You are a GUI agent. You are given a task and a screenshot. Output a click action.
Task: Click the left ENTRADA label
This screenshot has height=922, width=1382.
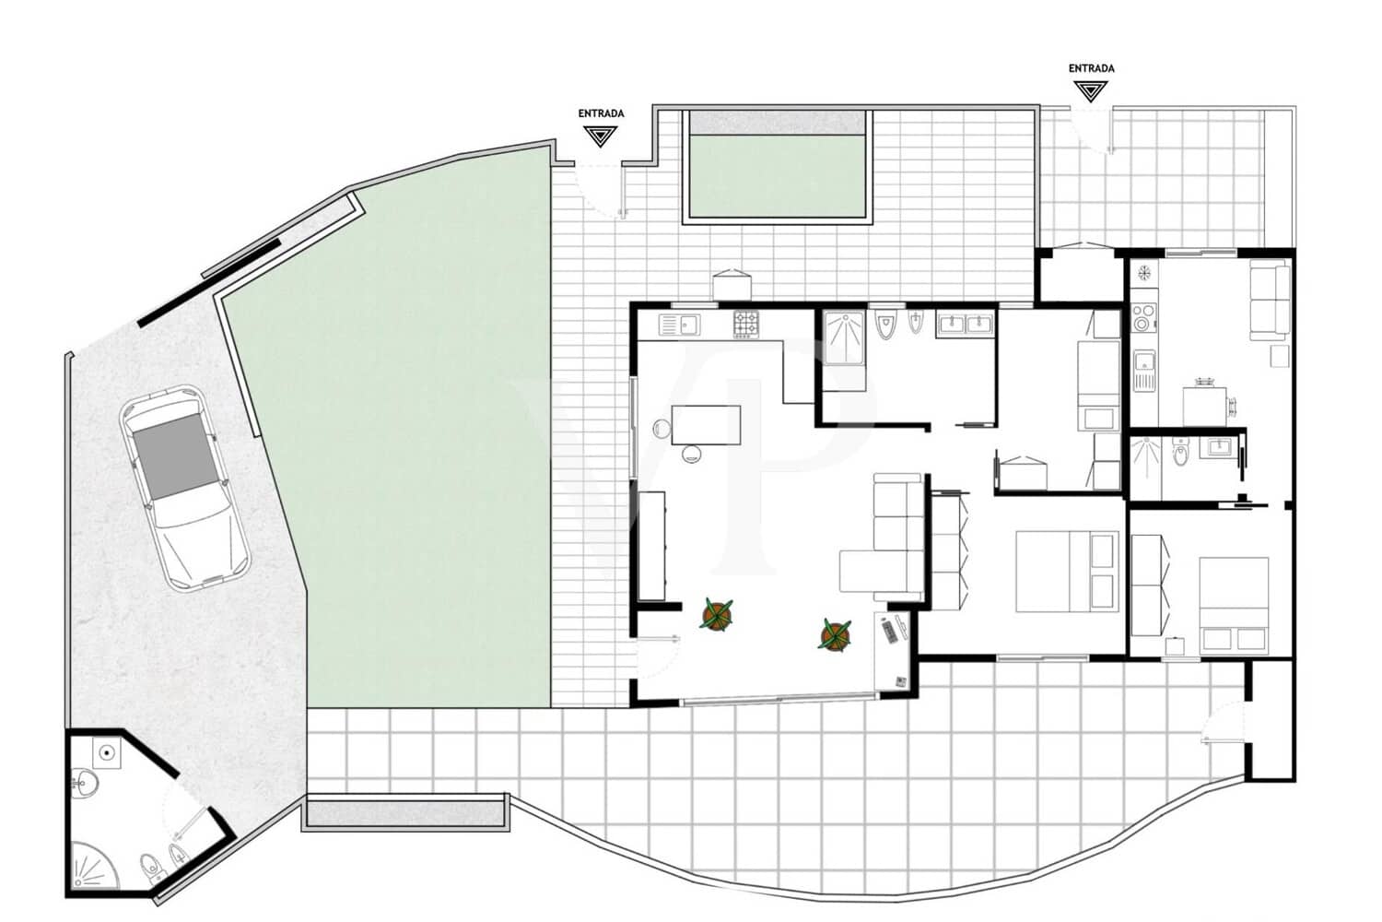601,113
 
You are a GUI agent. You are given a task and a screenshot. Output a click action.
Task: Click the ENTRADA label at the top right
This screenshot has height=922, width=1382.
1091,68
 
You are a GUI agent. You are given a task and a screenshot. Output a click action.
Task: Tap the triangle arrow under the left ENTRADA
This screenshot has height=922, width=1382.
601,136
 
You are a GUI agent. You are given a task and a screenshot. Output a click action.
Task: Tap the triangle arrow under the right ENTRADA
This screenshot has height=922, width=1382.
1091,90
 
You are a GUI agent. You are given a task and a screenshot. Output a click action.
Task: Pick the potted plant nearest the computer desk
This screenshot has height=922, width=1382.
835,634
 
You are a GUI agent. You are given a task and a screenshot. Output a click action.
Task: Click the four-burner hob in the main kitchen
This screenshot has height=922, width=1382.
746,324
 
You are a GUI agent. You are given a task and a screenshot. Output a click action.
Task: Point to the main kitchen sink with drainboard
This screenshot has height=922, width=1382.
679,325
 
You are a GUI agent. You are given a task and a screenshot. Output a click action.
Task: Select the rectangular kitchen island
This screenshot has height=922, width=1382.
706,425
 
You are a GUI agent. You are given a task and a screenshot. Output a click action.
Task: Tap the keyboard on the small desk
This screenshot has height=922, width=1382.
888,631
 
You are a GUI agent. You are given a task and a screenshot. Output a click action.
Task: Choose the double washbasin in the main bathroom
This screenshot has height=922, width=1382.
964,323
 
